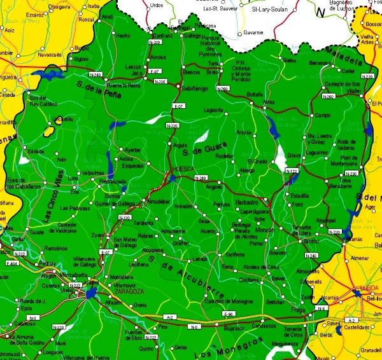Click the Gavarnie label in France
pyautogui.click(x=253, y=31)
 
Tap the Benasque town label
pyautogui.click(x=320, y=63)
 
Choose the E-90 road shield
pyautogui.click(x=228, y=314)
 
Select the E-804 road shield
pyautogui.click(x=11, y=263)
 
